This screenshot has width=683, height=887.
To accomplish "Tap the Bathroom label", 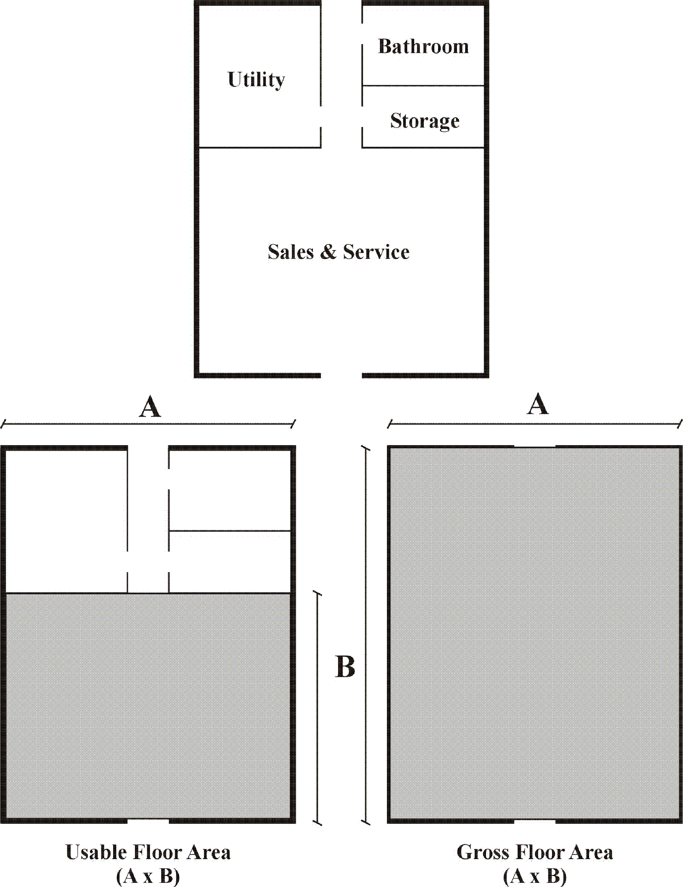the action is (x=423, y=46).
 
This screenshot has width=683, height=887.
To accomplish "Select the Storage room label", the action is (x=425, y=121).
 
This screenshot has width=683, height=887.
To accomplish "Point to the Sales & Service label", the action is (x=339, y=252).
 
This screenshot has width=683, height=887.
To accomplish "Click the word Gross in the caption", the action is (x=482, y=852).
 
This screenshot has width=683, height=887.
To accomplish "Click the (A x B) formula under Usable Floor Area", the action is (x=148, y=876).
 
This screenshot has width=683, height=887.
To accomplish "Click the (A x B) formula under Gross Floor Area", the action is (x=535, y=876).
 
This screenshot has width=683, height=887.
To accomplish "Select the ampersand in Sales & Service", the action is (x=328, y=252).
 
